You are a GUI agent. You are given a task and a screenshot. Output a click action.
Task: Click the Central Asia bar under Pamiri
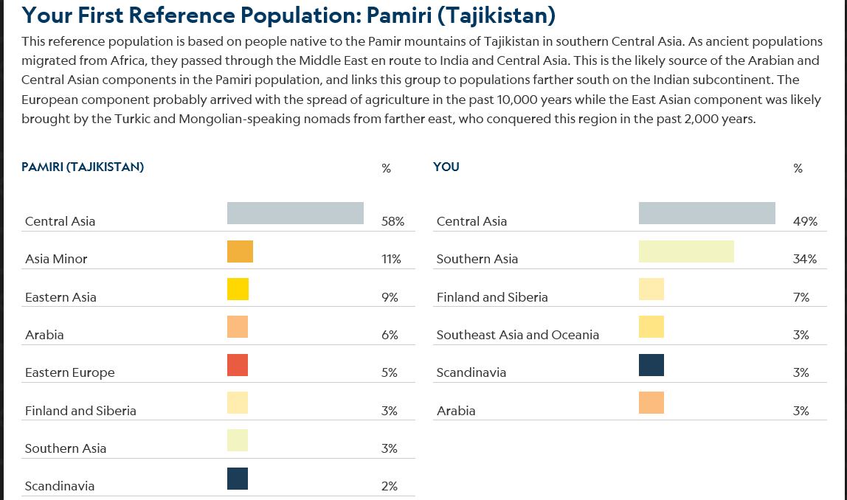tap(295, 213)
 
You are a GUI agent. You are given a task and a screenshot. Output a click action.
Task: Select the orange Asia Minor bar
tap(240, 251)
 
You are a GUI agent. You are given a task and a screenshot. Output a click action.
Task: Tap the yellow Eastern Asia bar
tap(238, 289)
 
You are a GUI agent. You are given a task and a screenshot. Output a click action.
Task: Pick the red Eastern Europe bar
tap(238, 365)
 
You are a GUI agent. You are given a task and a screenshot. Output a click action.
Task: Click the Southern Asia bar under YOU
tap(686, 251)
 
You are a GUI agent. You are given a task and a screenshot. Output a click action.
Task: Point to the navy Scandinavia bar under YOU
tap(651, 365)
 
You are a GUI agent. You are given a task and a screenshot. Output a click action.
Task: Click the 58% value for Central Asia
tap(393, 221)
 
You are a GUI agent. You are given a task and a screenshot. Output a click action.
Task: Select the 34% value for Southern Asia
tap(804, 259)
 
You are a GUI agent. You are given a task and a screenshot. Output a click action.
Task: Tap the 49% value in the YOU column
tap(804, 221)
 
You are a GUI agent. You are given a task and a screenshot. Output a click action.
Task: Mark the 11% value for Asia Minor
tap(391, 259)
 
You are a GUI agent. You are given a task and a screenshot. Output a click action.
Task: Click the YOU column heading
tap(446, 167)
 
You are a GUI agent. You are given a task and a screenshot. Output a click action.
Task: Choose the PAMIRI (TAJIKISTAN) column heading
tap(83, 167)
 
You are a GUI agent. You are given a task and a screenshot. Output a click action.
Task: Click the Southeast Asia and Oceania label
tap(518, 335)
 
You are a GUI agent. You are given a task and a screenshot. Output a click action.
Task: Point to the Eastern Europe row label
tap(70, 372)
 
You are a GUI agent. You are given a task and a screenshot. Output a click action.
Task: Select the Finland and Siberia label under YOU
tap(492, 297)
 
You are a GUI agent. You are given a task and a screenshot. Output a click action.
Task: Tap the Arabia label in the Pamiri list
tap(44, 335)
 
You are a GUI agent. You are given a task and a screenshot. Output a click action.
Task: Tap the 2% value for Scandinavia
tap(390, 486)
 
